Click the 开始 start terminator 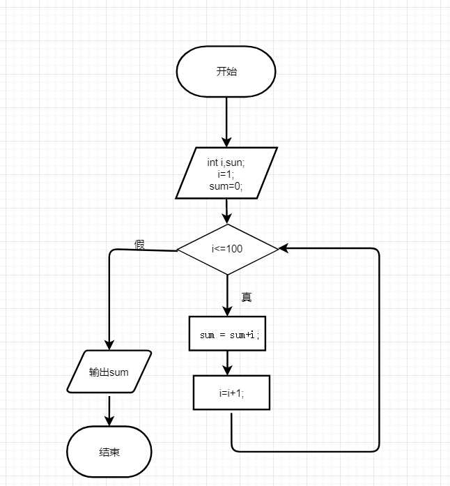point(226,73)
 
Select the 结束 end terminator point(109,452)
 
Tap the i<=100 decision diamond point(227,249)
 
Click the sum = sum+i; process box point(228,335)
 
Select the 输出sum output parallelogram point(109,372)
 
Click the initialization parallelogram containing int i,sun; point(226,172)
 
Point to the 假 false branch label point(139,245)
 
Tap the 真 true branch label point(246,297)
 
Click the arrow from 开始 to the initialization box point(227,121)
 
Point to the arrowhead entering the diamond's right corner point(284,248)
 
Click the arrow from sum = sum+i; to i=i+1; point(228,363)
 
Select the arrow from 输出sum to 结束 point(109,409)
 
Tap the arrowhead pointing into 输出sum point(109,344)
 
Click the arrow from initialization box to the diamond point(227,211)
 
